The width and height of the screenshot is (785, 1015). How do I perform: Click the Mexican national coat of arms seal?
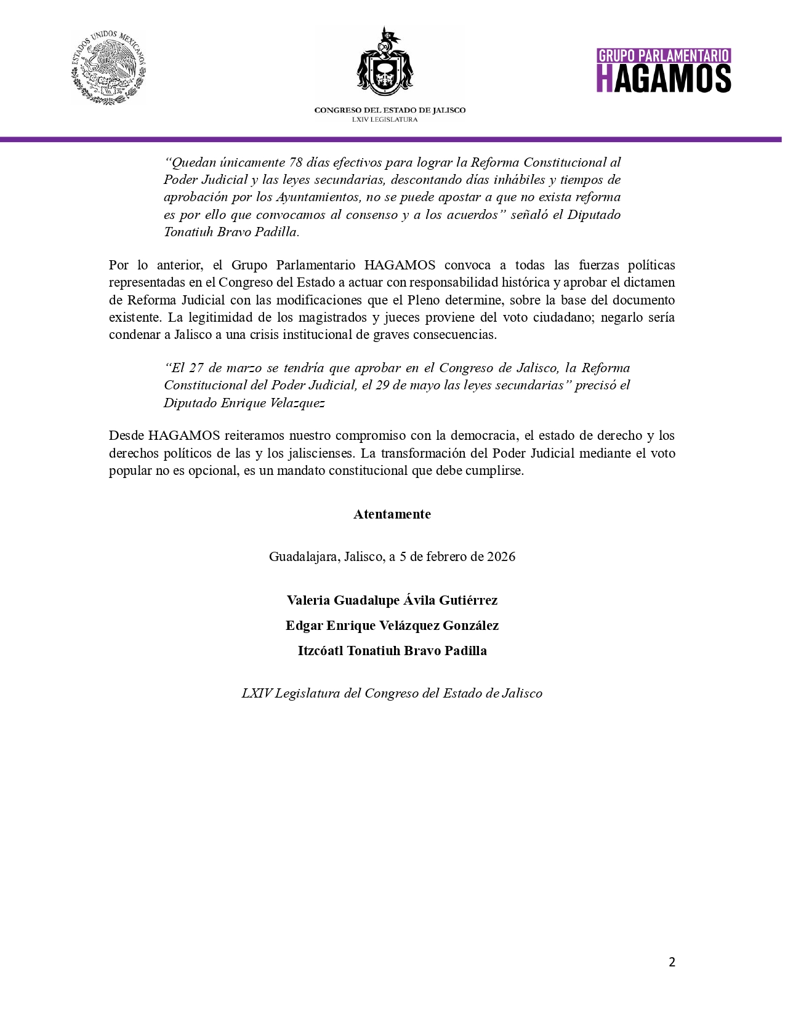pos(108,68)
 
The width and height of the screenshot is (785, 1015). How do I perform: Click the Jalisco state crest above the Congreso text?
pos(385,65)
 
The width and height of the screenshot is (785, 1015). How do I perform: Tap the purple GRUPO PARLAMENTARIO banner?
pos(664,56)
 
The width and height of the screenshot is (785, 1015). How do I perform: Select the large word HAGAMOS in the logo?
pos(664,79)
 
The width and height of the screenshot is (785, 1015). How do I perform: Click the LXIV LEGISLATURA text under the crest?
pos(385,119)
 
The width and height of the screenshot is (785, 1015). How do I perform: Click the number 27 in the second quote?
pos(196,368)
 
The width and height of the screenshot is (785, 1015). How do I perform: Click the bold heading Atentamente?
pos(392,514)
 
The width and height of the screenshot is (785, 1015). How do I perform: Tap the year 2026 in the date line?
pos(501,557)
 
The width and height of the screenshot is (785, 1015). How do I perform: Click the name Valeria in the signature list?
pos(308,600)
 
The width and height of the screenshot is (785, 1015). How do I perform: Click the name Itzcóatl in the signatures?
pos(320,651)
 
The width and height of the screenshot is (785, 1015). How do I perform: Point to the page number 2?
pos(672,962)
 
